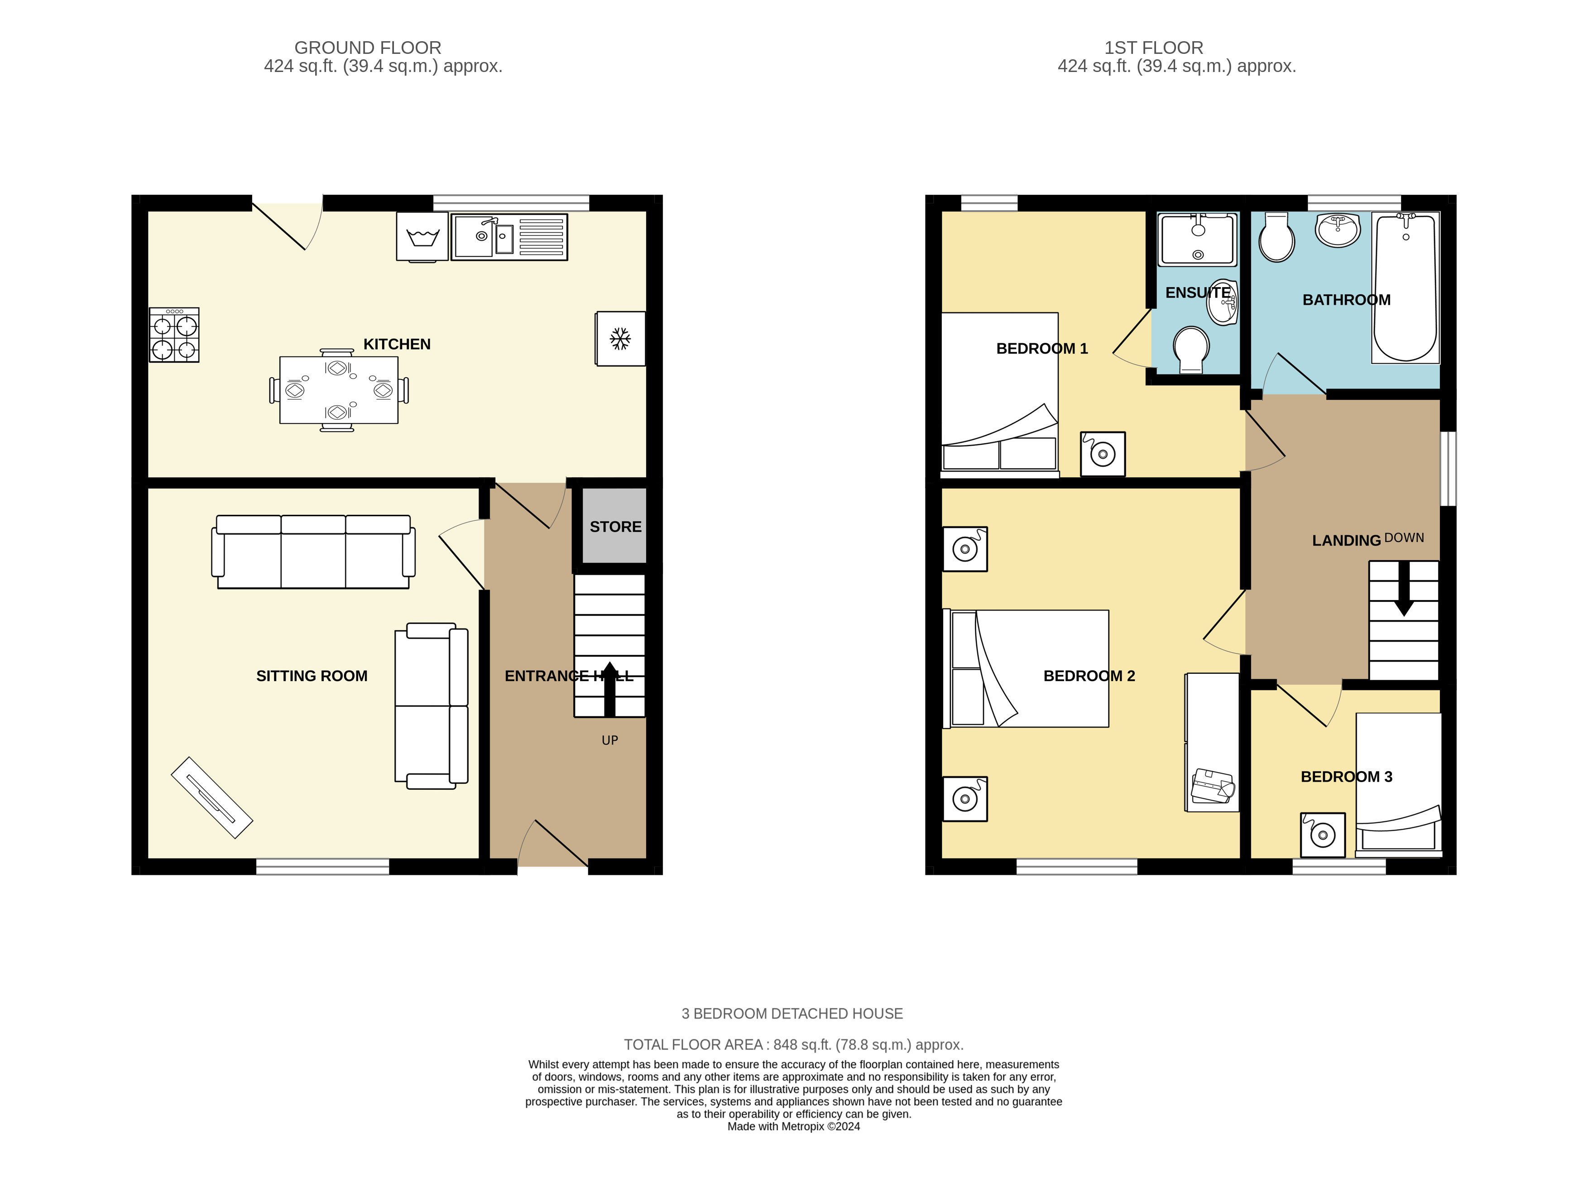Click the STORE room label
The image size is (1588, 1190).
point(615,527)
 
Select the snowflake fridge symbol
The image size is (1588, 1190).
point(620,338)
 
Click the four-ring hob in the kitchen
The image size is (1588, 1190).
point(174,335)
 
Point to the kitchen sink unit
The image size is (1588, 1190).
point(509,237)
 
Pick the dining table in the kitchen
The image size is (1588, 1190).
point(339,390)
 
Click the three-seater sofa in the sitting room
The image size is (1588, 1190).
point(313,551)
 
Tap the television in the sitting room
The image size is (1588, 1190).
point(212,797)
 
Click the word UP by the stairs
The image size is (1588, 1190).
point(609,740)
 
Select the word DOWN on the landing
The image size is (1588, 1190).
point(1404,537)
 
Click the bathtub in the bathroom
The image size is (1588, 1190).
point(1405,287)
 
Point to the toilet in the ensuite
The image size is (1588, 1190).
point(1191,350)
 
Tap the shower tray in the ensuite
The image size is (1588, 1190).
point(1198,239)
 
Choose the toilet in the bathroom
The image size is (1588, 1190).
point(1276,237)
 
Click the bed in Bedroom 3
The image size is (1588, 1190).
point(1398,784)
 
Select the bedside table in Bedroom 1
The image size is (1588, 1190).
point(1103,454)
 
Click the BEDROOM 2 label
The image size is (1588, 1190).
point(1089,676)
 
